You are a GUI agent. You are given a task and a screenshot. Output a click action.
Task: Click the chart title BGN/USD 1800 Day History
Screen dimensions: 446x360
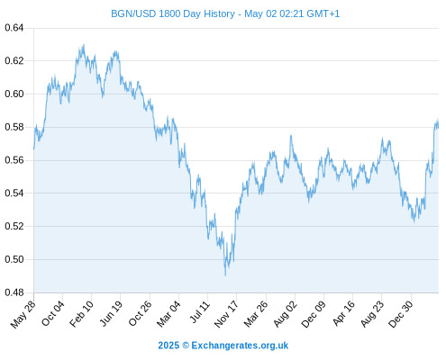(173, 13)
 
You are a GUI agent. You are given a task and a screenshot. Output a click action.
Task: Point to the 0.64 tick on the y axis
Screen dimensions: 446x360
(14, 28)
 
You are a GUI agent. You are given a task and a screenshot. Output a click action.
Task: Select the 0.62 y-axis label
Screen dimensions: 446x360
(14, 61)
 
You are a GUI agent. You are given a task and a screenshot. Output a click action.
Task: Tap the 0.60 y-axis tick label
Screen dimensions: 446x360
(14, 94)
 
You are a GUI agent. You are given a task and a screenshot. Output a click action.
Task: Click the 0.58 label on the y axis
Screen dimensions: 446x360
(14, 127)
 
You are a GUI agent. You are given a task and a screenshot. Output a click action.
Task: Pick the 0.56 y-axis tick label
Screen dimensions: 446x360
(14, 160)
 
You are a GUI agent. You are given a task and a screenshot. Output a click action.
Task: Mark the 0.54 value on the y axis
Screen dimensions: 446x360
(14, 193)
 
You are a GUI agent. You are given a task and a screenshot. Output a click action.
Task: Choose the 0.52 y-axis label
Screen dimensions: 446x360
(14, 226)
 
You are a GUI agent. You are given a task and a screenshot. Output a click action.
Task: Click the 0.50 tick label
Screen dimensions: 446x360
(14, 259)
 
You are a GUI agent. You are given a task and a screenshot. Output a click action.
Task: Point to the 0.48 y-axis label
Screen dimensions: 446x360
(14, 292)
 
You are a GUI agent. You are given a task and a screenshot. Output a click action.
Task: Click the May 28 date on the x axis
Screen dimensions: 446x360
(23, 314)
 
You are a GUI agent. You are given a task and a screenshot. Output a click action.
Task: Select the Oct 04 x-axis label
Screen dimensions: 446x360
(53, 313)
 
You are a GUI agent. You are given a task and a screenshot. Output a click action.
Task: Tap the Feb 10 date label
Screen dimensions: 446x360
(81, 314)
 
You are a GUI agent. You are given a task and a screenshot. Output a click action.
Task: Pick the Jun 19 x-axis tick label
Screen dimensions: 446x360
(111, 313)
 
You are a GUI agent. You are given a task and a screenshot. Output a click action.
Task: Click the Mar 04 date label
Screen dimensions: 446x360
(168, 314)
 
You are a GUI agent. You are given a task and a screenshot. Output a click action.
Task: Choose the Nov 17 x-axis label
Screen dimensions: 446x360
(226, 314)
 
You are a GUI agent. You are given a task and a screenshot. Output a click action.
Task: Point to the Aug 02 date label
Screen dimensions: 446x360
(286, 314)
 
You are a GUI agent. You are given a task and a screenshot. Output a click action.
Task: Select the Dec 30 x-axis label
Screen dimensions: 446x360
(401, 314)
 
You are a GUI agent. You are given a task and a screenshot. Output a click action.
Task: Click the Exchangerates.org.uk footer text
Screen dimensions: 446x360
(240, 346)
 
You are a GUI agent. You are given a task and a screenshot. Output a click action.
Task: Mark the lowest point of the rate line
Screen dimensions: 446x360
(225, 275)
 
